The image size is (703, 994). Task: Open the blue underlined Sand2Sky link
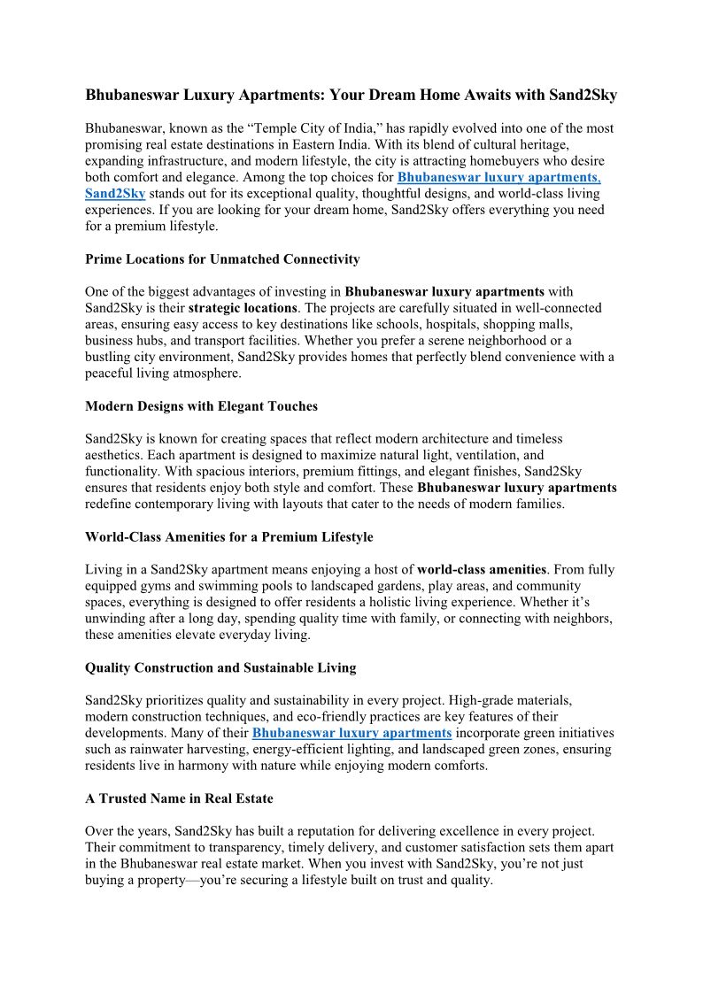point(115,193)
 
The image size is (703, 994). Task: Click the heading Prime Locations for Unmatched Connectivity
point(222,259)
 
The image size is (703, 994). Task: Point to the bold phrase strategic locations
point(243,308)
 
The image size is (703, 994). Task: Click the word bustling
point(107,357)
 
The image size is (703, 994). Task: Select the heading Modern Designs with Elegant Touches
point(201,406)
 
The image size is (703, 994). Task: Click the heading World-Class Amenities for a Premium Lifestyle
point(229,537)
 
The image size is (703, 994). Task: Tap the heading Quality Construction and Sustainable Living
point(233,667)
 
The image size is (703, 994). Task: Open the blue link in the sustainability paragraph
point(352,733)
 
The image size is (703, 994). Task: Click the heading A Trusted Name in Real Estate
point(179,798)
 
